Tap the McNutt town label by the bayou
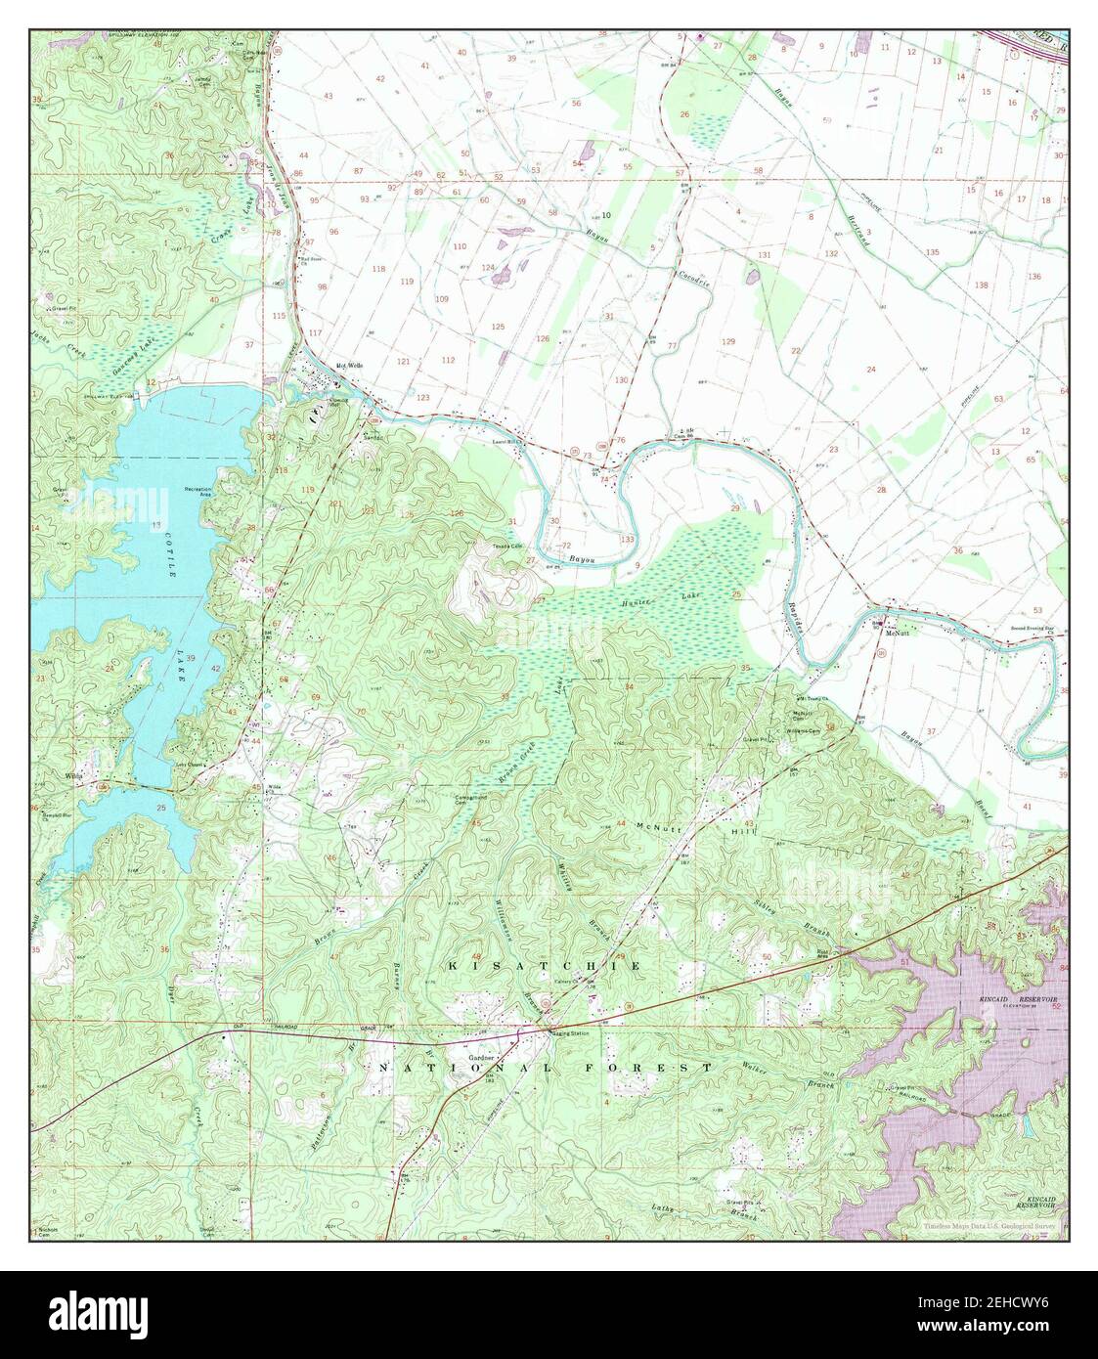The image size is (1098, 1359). tap(898, 633)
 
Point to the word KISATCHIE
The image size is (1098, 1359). tap(545, 966)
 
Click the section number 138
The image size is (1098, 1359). tap(981, 285)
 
